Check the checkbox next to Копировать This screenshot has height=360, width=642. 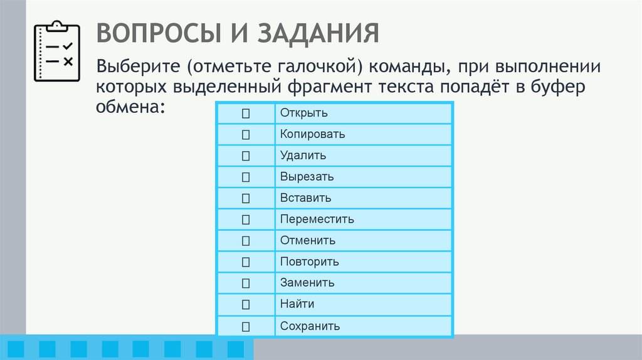click(x=245, y=134)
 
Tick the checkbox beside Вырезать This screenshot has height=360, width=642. click(x=245, y=177)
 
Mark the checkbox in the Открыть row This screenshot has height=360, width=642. click(x=245, y=113)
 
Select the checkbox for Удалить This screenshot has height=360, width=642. click(x=245, y=156)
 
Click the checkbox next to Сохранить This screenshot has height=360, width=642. click(x=245, y=326)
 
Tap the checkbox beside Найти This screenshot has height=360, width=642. click(x=245, y=305)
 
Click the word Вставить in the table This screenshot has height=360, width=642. click(x=305, y=198)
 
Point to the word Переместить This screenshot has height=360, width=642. click(x=317, y=220)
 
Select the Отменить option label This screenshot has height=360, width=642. click(x=308, y=240)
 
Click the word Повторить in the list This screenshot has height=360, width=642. click(x=310, y=262)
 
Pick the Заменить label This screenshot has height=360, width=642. click(x=307, y=283)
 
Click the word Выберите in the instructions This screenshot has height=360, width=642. click(x=134, y=65)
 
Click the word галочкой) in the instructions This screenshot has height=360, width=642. click(x=317, y=65)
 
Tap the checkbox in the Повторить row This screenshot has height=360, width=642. click(x=245, y=262)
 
